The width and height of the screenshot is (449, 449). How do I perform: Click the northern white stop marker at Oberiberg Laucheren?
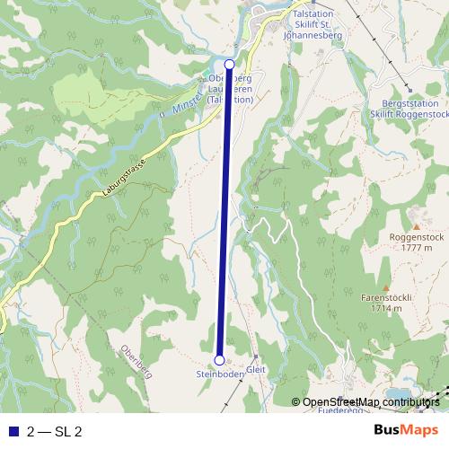coord(229,65)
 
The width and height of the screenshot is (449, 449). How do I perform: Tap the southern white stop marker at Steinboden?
coord(220,360)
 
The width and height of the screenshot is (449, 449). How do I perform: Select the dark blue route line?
coord(224,216)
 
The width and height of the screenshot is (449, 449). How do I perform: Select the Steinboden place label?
coord(220,374)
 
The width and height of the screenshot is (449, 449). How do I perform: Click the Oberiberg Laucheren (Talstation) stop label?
coord(228,89)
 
